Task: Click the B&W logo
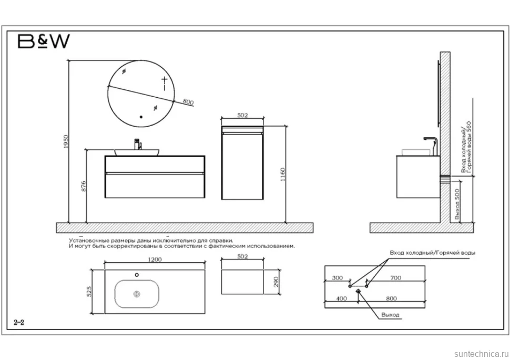44,42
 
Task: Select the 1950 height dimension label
66,142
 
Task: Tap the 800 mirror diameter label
188,101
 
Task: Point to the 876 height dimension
84,186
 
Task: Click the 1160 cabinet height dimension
282,174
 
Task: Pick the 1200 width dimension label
155,260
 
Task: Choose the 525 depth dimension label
89,291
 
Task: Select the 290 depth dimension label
276,282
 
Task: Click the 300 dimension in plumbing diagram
338,277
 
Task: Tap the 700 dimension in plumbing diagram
395,277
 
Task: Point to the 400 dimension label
341,299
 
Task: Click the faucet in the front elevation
138,144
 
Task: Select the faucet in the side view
431,146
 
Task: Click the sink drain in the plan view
137,294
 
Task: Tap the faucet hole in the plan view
137,275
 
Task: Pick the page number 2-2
19,322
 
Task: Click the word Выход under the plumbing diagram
390,315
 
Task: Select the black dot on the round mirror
141,117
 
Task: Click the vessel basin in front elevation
137,152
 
